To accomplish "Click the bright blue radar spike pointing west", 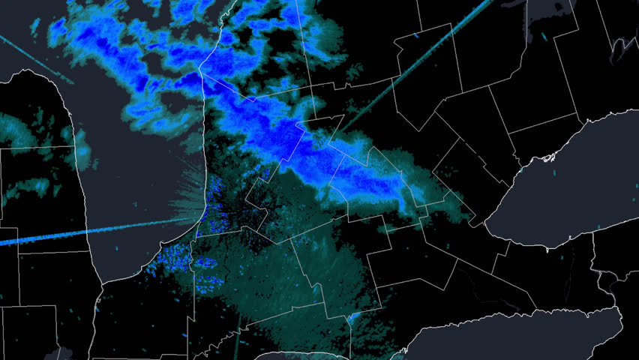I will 45,238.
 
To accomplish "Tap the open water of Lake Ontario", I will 570,180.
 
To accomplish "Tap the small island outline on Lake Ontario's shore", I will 552,157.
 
